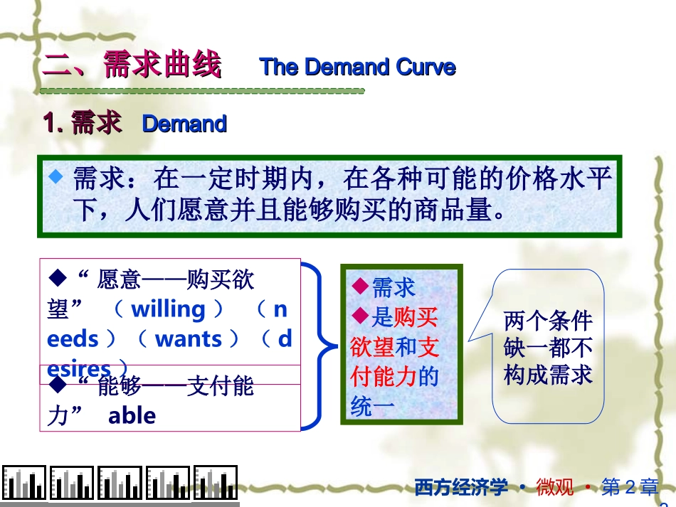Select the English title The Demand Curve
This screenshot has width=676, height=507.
[357, 67]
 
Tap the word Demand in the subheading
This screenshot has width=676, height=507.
[184, 124]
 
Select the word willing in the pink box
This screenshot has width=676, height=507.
[168, 309]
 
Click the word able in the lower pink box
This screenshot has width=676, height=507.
[132, 415]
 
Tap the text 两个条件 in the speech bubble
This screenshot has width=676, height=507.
[548, 321]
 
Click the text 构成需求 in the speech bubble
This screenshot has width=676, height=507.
[548, 375]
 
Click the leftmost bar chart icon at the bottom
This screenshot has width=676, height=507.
[23, 484]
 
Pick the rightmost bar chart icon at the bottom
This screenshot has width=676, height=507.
[216, 484]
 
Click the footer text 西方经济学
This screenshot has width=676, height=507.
[461, 487]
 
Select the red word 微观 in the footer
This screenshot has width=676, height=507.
[554, 487]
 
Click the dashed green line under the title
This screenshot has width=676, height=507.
[202, 91]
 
